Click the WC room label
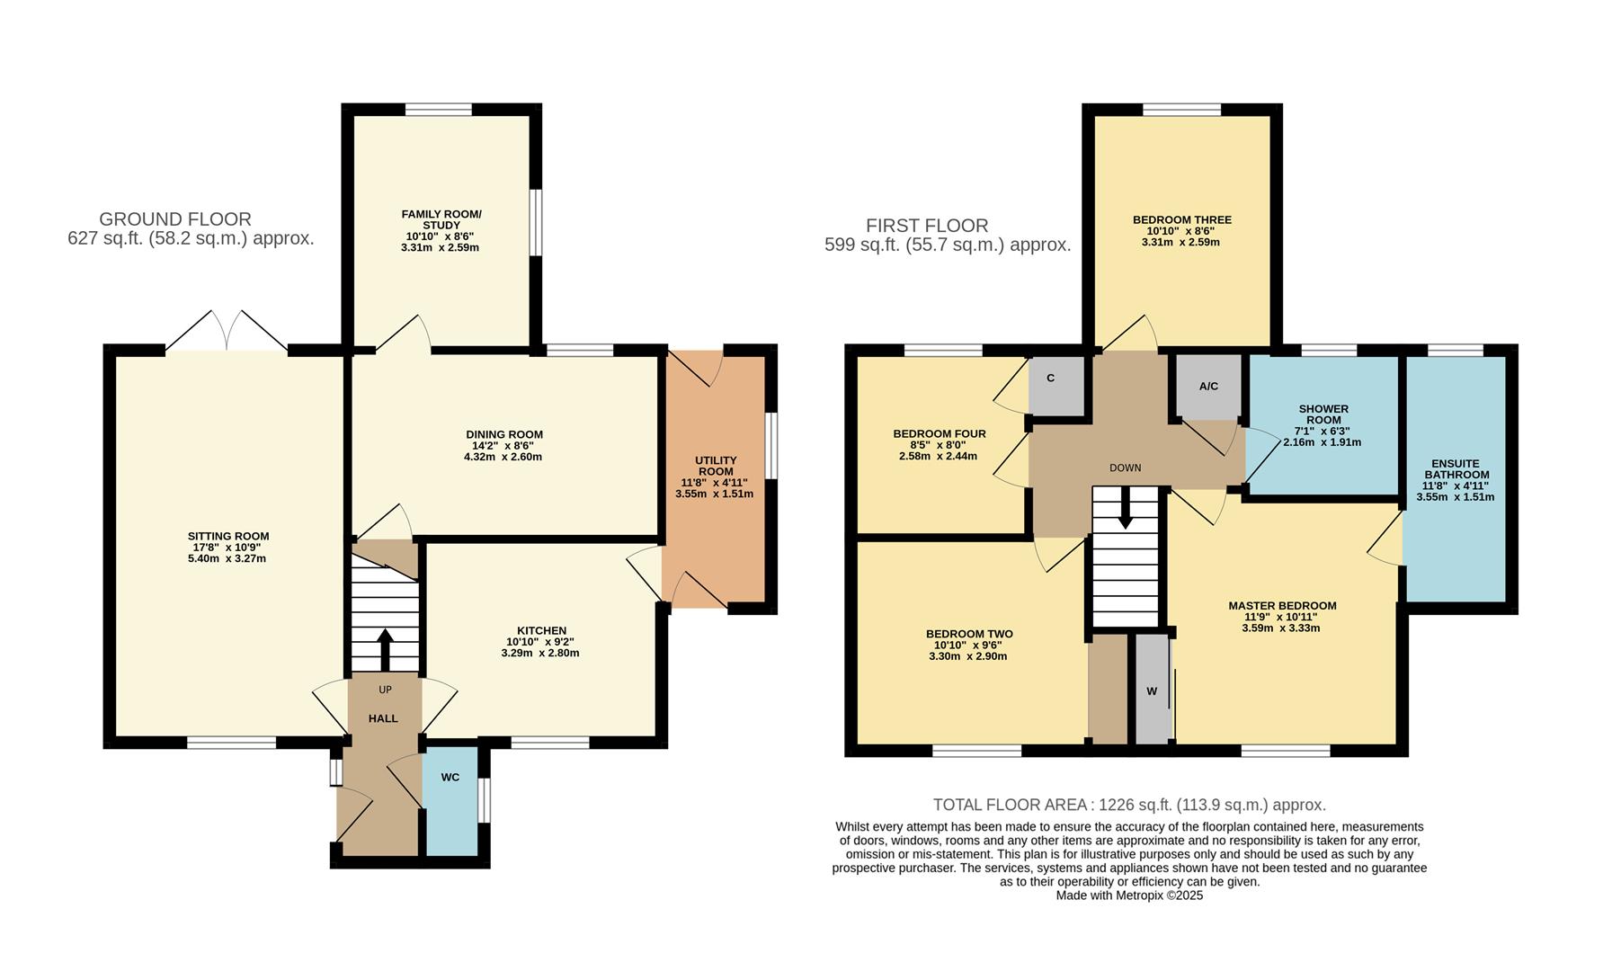click(450, 777)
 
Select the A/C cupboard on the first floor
click(1208, 387)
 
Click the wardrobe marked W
click(1152, 690)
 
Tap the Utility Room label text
click(716, 466)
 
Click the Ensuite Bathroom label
click(1456, 468)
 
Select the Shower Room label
click(1323, 414)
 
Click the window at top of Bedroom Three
click(1181, 110)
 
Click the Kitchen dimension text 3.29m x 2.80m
click(540, 654)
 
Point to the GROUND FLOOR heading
click(175, 218)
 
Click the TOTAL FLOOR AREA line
click(1129, 805)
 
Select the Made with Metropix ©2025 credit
click(1129, 895)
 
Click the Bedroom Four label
click(939, 434)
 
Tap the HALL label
click(383, 718)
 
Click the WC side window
click(485, 800)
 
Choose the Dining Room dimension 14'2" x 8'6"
click(503, 446)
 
